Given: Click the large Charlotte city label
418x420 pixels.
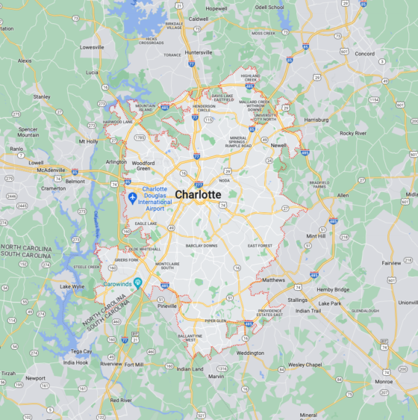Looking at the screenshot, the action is tap(198, 194).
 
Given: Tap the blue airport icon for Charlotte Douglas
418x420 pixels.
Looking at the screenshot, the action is tap(133, 198).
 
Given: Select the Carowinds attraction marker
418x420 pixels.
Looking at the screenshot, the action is tap(137, 282).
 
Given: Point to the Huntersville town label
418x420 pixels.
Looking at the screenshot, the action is tap(199, 52).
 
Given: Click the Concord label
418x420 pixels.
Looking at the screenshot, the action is tap(364, 54).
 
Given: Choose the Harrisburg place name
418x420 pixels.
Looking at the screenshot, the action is tap(316, 119).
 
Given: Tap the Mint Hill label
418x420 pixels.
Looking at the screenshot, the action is tap(316, 235).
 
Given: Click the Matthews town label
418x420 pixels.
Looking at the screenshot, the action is tap(274, 280).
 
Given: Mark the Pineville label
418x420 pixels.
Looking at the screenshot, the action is tap(167, 306).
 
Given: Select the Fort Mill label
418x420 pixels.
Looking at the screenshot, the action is tap(134, 364).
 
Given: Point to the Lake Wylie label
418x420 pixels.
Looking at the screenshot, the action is tap(72, 286).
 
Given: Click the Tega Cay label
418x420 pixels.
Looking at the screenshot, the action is tap(81, 350).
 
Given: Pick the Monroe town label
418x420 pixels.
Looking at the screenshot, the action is tap(384, 381).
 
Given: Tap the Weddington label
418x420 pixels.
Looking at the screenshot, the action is tap(250, 353).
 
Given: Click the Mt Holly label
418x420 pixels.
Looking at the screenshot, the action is tap(88, 140).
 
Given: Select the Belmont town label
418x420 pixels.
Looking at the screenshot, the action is tap(75, 181).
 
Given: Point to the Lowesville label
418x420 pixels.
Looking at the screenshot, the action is tap(92, 46).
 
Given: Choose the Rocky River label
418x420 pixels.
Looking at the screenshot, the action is tap(352, 133).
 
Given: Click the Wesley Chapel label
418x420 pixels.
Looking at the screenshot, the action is tap(305, 365).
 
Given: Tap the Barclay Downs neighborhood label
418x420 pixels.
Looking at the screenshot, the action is tap(202, 245).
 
